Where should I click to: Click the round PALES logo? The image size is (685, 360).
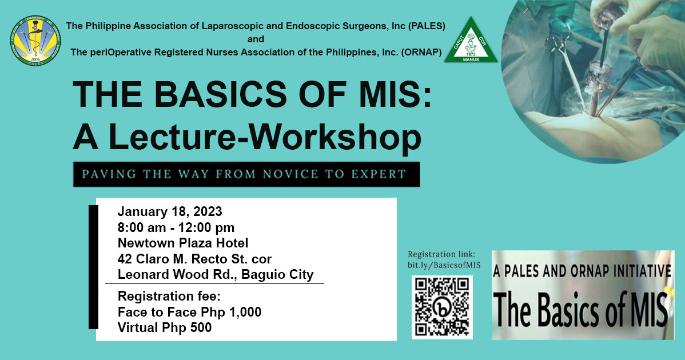pos(35,41)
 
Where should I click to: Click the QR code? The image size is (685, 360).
pos(442,307)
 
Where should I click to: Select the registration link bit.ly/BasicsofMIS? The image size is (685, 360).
pos(444,265)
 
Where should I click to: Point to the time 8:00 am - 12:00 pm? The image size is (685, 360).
pos(176,228)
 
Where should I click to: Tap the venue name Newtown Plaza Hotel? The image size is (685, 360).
pos(183,243)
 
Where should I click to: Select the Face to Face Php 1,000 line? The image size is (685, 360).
pos(189,312)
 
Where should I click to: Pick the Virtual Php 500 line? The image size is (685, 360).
pos(165,327)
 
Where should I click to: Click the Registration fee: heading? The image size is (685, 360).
pos(165,297)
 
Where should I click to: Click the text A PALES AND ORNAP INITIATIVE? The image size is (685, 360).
pos(582,271)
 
